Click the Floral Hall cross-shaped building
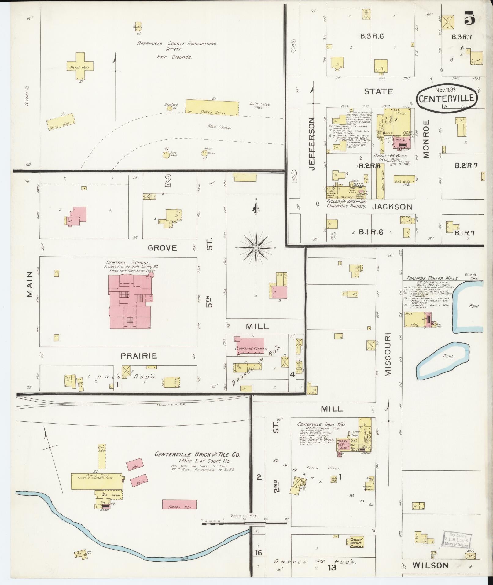80,66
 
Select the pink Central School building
130,301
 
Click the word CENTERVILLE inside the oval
446,99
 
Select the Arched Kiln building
179,504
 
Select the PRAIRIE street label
139,356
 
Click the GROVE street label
162,247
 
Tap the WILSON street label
430,565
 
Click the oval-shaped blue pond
443,361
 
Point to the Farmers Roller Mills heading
432,278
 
